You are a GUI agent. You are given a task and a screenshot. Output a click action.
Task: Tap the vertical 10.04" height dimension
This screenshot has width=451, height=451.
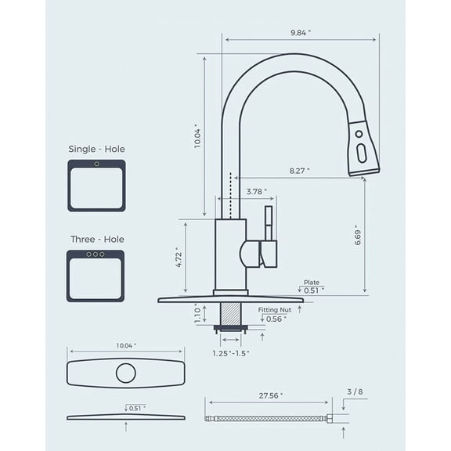(198, 137)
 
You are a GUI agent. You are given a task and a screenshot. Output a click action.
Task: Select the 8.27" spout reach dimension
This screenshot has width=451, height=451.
(299, 170)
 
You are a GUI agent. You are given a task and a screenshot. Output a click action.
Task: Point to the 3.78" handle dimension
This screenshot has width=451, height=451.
(256, 191)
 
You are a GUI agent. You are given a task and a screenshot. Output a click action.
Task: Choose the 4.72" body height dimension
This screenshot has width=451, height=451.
(179, 258)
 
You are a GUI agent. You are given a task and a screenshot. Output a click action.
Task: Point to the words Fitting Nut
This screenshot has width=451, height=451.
(274, 310)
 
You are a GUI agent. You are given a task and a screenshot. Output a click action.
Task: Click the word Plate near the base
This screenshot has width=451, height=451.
(312, 283)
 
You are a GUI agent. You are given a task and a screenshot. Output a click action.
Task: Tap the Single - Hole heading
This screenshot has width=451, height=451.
(96, 149)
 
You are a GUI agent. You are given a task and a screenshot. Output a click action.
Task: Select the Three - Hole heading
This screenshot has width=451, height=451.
(96, 239)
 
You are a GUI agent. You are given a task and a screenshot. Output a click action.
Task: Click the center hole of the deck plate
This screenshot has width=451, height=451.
(126, 373)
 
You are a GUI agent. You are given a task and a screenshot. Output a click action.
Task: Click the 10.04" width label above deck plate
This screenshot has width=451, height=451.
(125, 345)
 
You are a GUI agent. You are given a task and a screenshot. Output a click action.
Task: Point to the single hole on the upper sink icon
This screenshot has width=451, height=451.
(96, 164)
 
